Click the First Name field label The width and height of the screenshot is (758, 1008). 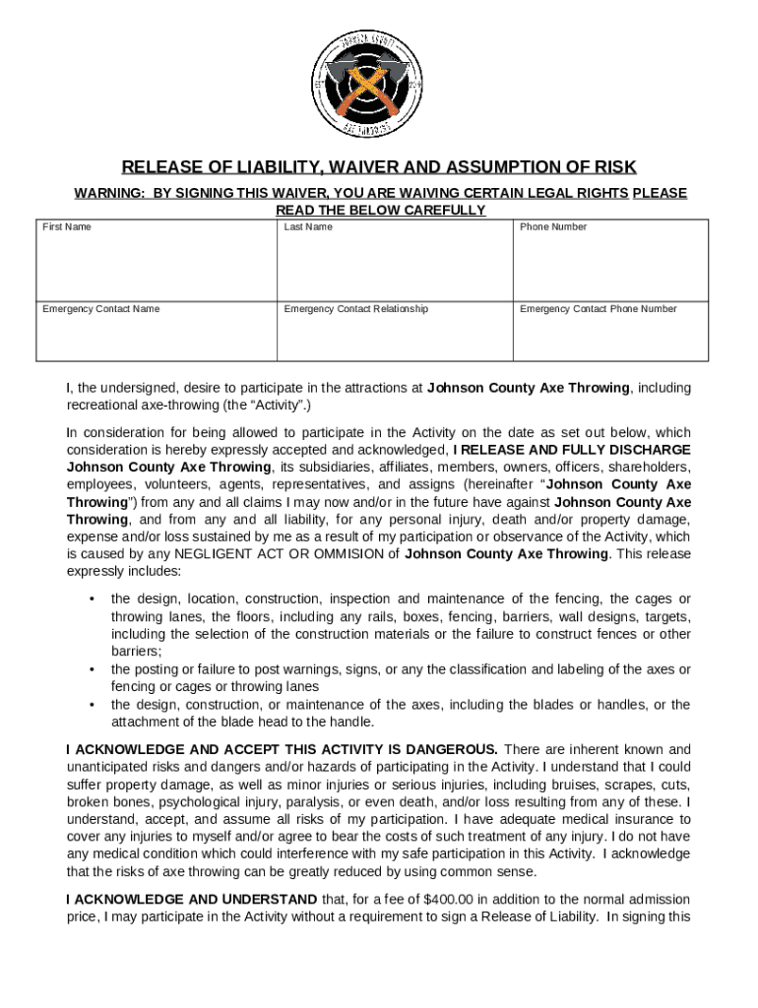66,227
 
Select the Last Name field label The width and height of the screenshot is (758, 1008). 308,227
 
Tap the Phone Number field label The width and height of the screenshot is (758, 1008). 553,227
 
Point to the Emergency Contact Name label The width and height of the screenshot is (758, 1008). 100,309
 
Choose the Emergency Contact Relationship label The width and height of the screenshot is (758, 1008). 355,309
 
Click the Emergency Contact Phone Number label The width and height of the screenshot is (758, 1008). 598,309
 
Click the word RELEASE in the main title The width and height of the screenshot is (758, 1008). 158,166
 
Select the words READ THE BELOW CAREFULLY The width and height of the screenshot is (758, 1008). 380,211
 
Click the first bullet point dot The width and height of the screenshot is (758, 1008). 92,599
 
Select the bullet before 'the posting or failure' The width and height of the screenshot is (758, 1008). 92,670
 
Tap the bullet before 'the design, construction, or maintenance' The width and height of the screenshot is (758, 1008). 92,706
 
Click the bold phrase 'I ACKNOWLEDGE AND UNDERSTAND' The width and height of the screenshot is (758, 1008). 191,900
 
